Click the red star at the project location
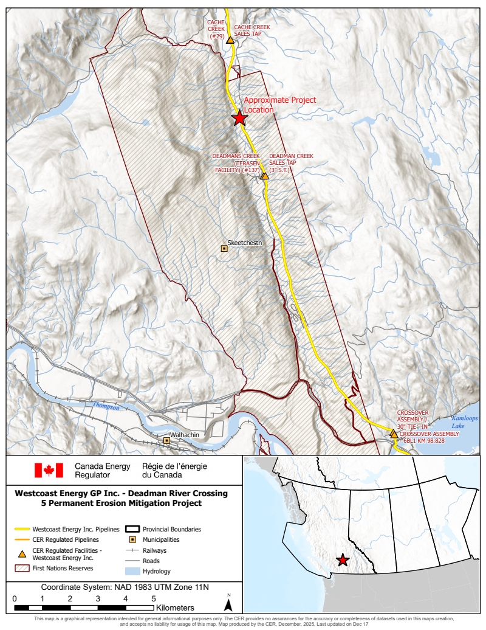click(x=239, y=117)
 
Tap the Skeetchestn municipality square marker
click(x=224, y=248)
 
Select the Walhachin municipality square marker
click(x=166, y=440)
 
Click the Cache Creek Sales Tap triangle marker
click(x=230, y=38)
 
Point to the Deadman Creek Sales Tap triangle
click(x=264, y=176)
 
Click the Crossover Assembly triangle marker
click(x=394, y=434)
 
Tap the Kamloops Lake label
click(x=465, y=424)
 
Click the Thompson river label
click(x=106, y=406)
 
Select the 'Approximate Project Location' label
click(x=279, y=105)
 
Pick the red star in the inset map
click(x=343, y=560)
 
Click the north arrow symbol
click(x=228, y=604)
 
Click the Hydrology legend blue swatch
click(x=132, y=571)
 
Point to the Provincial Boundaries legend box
click(x=132, y=529)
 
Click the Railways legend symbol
click(x=132, y=550)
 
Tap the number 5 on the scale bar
click(x=153, y=599)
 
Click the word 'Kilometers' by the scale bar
click(x=175, y=607)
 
